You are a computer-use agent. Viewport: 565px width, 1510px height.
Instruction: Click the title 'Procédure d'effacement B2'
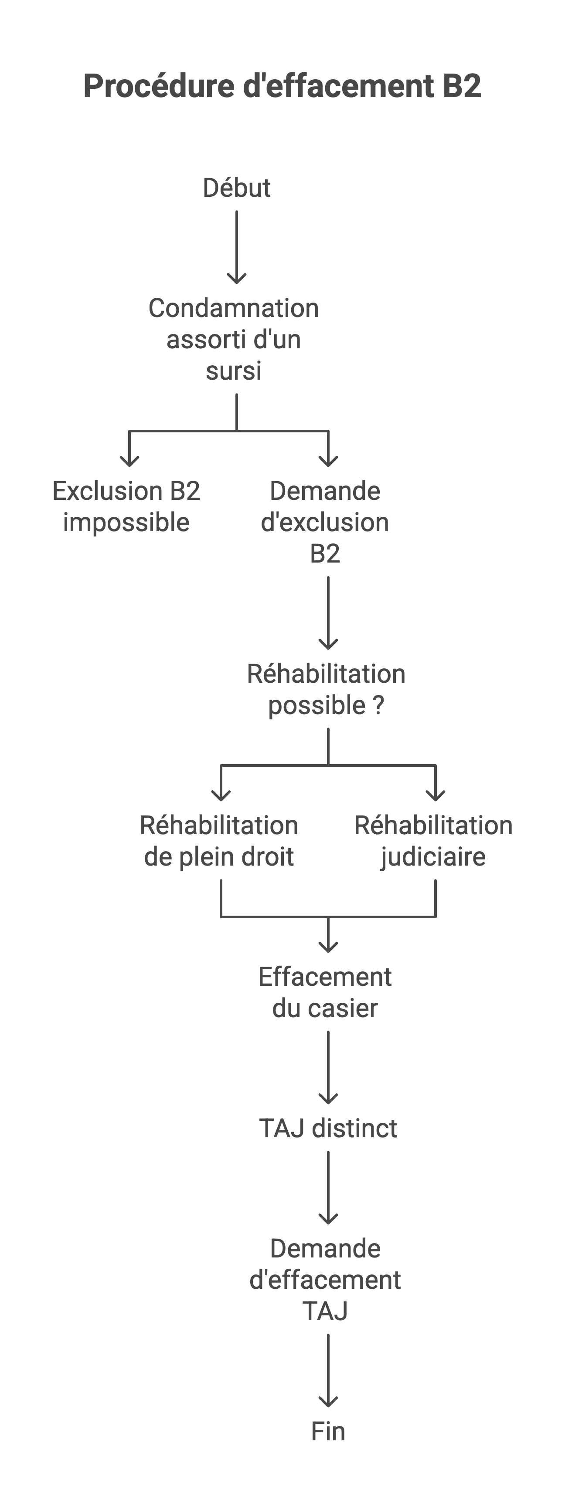(x=282, y=86)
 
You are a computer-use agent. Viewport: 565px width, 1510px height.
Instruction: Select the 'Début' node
(x=236, y=188)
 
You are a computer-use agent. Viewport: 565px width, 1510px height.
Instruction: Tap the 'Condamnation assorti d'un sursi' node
(x=234, y=339)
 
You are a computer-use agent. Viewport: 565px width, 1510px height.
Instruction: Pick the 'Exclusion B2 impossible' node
(x=126, y=506)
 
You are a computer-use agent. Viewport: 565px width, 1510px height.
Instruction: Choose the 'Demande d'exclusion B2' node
(x=325, y=522)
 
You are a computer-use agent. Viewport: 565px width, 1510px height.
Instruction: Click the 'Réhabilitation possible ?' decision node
(x=326, y=689)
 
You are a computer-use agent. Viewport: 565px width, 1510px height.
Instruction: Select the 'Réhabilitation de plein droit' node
(x=219, y=841)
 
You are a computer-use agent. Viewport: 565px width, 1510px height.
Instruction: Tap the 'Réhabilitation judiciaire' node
(x=434, y=841)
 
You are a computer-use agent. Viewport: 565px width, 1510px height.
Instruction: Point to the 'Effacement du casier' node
(x=325, y=992)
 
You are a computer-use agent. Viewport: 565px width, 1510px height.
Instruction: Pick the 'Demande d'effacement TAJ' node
(x=326, y=1280)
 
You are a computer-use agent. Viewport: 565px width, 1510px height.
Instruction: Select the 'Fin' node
(x=328, y=1432)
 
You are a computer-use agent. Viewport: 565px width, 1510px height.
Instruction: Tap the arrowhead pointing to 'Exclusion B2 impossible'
(x=129, y=460)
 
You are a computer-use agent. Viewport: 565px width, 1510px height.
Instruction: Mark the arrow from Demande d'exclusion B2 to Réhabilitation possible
(x=328, y=613)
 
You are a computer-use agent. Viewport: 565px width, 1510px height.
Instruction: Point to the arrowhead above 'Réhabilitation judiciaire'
(x=436, y=794)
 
